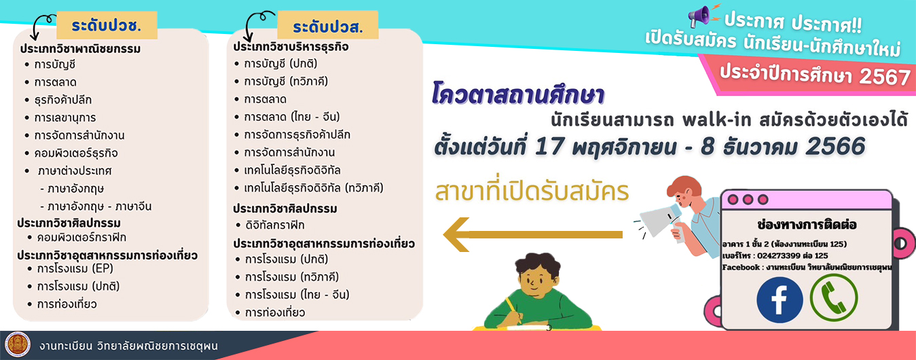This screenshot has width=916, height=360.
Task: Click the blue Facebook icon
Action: tap(780, 300)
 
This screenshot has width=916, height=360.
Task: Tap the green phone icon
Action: tap(833, 298)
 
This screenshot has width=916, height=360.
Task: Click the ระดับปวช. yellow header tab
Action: tap(107, 25)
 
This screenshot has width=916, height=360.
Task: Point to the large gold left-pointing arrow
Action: tap(532, 234)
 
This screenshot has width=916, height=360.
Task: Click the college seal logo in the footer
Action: tap(18, 344)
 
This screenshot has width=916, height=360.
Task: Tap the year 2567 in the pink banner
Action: tap(885, 77)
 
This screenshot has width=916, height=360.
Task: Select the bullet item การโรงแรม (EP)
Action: tap(75, 269)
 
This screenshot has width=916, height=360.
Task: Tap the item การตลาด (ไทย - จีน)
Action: tap(292, 117)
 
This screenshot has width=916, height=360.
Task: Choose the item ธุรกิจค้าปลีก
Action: tap(63, 100)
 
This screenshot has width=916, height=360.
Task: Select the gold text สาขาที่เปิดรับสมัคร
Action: tap(532, 192)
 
